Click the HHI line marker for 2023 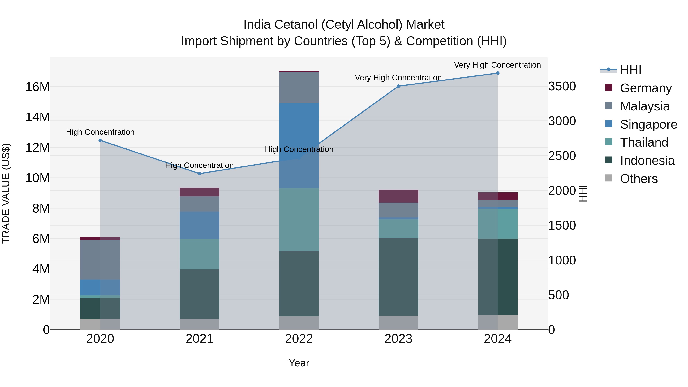[398, 86]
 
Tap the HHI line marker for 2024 [498, 73]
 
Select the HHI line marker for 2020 [100, 140]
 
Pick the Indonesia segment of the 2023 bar [398, 277]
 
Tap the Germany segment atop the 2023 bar [398, 196]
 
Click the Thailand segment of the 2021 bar [200, 254]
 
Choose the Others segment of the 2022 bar [299, 323]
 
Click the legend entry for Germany [646, 88]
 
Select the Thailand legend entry [644, 142]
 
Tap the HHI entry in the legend [631, 70]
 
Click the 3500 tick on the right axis [562, 87]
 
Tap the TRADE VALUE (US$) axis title [6, 193]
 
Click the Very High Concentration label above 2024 [497, 65]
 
